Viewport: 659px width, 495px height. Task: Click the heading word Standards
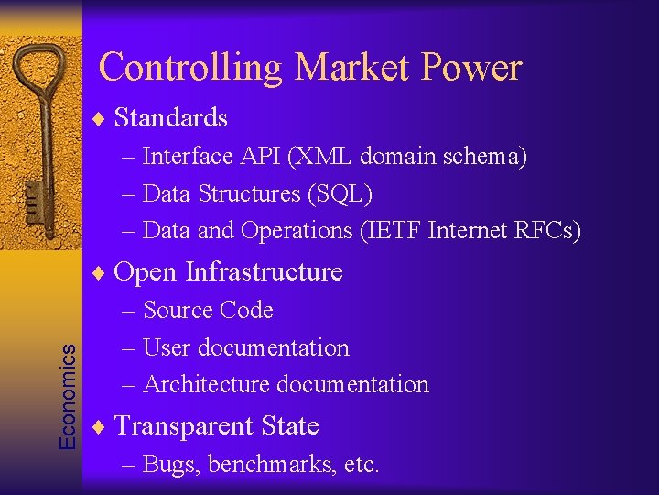[x=171, y=117]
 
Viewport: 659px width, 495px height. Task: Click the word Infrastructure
[x=264, y=272]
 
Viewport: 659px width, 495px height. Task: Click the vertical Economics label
[x=68, y=390]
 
